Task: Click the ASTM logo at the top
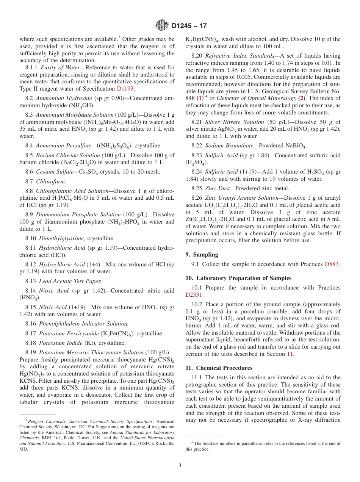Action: point(162,26)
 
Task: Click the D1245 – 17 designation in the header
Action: point(189,26)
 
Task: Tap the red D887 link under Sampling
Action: point(332,264)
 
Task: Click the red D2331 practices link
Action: point(194,295)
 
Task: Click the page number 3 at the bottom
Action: point(180,466)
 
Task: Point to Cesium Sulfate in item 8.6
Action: point(53,172)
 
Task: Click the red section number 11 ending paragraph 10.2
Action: point(291,354)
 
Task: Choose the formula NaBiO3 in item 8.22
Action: point(294,146)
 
